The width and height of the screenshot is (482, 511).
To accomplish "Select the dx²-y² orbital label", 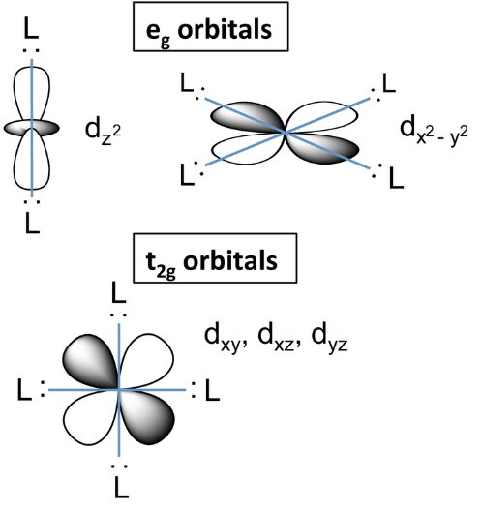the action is point(434,131).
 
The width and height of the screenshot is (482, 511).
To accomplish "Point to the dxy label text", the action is point(225,340).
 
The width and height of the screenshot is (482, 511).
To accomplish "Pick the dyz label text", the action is point(329,340).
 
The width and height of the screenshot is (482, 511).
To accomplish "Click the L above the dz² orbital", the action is point(31,29).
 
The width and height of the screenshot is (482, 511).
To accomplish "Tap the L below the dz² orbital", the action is point(32,224).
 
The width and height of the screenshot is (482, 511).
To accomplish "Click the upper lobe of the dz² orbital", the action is point(32,94).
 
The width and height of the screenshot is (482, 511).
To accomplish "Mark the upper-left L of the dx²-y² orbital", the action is point(187,82).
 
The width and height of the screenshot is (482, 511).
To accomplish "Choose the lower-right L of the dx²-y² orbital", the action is point(396,178).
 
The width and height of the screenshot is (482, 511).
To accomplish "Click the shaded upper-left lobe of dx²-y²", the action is point(247,117).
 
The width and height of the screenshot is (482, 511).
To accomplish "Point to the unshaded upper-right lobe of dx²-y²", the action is point(322,116).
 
